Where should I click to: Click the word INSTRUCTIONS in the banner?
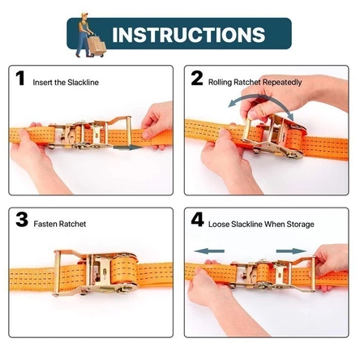(x=188, y=34)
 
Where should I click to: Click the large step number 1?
(x=20, y=79)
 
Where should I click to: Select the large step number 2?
(x=197, y=79)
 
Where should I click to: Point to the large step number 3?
(x=22, y=220)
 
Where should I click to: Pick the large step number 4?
(x=198, y=220)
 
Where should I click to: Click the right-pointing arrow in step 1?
(x=128, y=148)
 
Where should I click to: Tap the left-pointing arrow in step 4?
(x=209, y=251)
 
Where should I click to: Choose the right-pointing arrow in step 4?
(x=291, y=251)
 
